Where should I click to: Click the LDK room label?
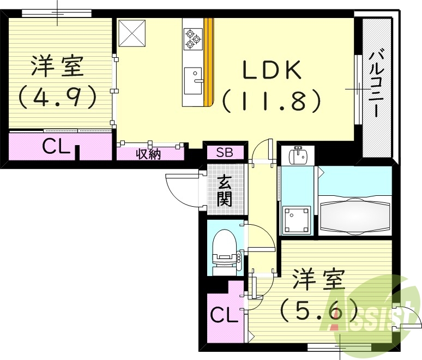[271, 70]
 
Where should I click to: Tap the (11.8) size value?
[270, 100]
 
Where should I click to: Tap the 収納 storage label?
[148, 154]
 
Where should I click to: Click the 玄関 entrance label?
[224, 191]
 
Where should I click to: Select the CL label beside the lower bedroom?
[224, 315]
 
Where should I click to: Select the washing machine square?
[297, 220]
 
